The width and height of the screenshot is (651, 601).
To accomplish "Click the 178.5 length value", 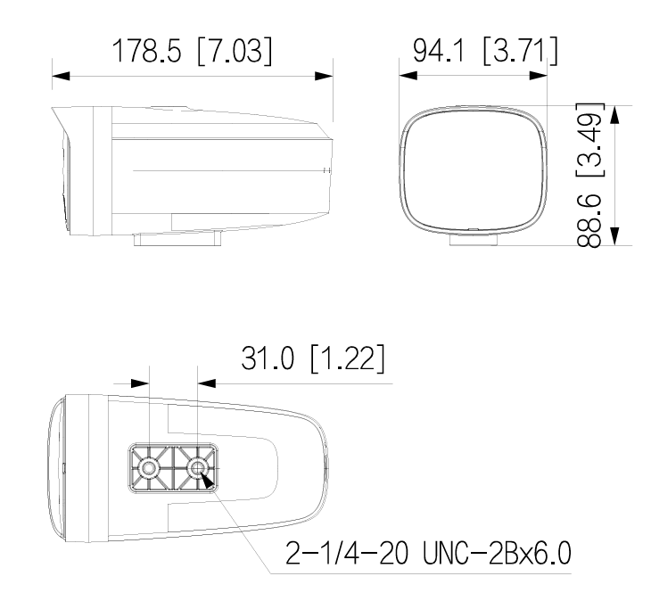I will coord(146,51).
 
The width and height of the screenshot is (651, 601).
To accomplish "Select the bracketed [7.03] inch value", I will coord(228,51).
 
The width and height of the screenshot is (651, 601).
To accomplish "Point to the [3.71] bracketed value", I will coord(517,51).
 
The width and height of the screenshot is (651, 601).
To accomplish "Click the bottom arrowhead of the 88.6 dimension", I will coord(614,234).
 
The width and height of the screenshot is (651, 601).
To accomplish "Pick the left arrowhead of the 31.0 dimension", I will coord(139,383).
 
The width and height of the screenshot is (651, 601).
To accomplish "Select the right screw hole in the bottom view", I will coord(197,466).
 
